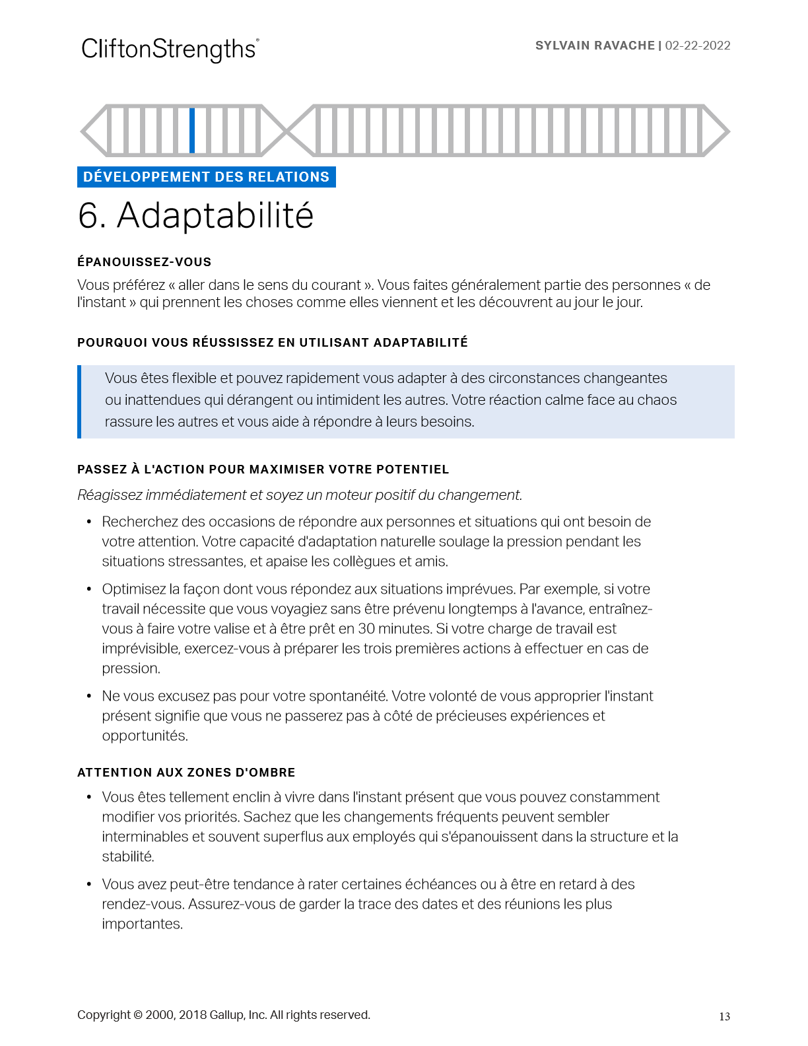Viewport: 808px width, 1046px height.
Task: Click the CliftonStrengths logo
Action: coord(170,50)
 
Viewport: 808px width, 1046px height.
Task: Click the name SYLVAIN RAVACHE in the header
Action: coord(594,46)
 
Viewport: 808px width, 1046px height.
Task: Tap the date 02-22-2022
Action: coord(698,46)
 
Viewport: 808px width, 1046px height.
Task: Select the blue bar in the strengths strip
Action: coord(192,130)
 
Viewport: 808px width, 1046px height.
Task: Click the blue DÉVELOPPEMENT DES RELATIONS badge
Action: coord(206,177)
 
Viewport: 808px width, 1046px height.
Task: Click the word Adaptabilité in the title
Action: coord(215,216)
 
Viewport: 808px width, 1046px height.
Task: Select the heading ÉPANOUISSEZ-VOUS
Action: coord(144,262)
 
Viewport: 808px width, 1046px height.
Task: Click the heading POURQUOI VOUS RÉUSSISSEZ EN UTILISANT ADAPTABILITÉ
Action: coord(272,343)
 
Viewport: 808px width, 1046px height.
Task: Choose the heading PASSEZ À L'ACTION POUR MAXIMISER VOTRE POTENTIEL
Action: coord(263,470)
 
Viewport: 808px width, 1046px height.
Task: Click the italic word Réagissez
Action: coord(108,495)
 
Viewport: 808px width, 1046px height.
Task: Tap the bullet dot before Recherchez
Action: coord(88,522)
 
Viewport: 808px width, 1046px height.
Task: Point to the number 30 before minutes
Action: coord(366,629)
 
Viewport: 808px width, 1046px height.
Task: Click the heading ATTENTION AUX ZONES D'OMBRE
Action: coord(186,773)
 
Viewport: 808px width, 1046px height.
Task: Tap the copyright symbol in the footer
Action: coord(138,1015)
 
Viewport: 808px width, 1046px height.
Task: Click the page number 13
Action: coord(724,1017)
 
